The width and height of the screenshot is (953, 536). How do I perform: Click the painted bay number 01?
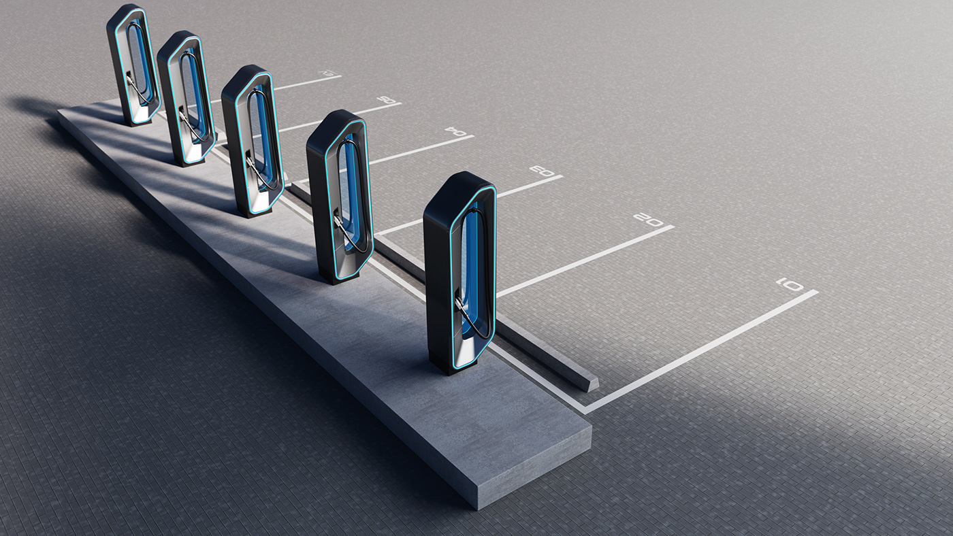tap(790, 284)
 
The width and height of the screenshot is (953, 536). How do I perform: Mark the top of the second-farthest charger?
tap(176, 39)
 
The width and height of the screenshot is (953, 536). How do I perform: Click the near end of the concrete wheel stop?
tap(589, 383)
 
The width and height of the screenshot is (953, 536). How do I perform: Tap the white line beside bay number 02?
tap(585, 259)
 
